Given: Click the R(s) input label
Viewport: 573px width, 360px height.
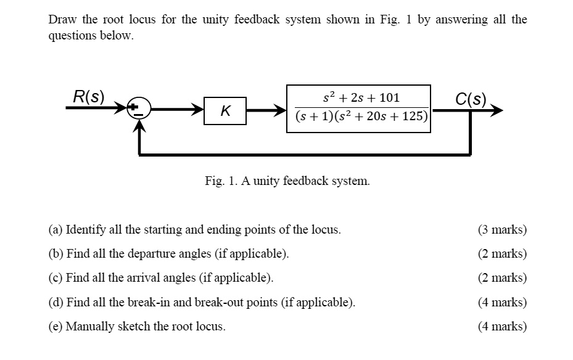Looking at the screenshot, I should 88,97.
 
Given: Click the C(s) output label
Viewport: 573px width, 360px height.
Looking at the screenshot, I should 471,99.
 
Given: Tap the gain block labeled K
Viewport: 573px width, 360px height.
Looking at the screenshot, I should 226,112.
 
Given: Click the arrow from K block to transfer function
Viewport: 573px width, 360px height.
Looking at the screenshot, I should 266,112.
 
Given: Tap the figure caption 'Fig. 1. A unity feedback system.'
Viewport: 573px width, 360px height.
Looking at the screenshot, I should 287,181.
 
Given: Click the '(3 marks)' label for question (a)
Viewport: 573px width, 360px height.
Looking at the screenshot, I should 502,230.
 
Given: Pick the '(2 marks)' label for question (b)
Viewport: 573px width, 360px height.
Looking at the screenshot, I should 502,253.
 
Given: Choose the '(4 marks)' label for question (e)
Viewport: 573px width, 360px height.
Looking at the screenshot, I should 502,326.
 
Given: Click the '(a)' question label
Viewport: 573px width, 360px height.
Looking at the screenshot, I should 56,230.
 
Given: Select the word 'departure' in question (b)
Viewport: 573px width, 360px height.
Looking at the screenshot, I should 152,253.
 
